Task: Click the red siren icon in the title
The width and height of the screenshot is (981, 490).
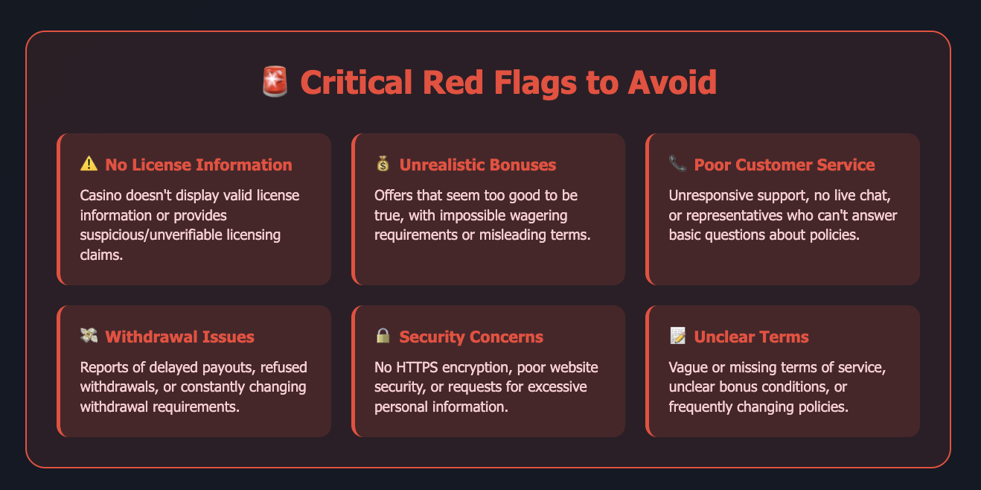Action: click(275, 81)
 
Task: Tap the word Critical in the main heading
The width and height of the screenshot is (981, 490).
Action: click(356, 83)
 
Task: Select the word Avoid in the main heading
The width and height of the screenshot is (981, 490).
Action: click(672, 83)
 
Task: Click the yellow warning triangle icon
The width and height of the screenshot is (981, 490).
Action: click(89, 164)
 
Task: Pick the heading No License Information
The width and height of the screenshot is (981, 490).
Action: click(199, 165)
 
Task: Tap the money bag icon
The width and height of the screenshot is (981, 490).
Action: click(383, 164)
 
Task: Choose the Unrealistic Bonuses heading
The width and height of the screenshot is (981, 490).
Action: click(477, 165)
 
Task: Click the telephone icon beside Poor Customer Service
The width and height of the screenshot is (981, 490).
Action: click(677, 164)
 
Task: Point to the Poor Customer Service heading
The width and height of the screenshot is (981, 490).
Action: click(785, 165)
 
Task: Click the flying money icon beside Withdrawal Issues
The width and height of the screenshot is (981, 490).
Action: click(89, 335)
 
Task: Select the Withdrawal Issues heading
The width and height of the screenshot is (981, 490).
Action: click(179, 337)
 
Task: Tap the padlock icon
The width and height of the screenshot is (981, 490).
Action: click(383, 335)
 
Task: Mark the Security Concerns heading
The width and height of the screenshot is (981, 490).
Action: click(471, 337)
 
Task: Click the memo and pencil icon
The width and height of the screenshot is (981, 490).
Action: click(677, 335)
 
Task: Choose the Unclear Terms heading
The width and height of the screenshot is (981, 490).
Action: click(751, 337)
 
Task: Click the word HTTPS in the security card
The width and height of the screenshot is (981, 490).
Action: click(417, 367)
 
